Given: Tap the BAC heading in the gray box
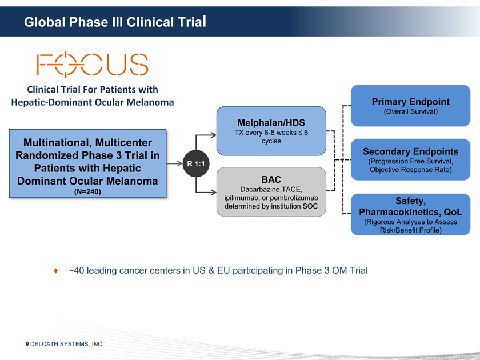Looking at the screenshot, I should [x=271, y=179].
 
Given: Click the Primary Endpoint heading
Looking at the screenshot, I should [x=410, y=102].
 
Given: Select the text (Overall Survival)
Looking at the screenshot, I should [x=410, y=111].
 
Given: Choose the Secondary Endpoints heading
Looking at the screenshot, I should [x=410, y=151].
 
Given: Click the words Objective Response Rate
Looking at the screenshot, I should [x=410, y=170].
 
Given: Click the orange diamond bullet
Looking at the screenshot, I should [x=55, y=270].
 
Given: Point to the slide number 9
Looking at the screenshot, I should [x=26, y=345].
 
